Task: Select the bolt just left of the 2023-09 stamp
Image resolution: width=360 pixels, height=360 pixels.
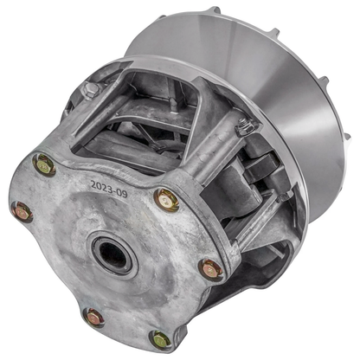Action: coord(44,164)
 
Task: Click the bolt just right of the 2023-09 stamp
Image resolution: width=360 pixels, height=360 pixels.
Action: coord(166,201)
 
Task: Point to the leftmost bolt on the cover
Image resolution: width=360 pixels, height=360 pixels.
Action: coord(21,211)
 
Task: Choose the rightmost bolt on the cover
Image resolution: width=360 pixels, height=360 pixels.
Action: coord(210,269)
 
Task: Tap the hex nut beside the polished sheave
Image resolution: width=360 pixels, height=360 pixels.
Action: coord(245,126)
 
